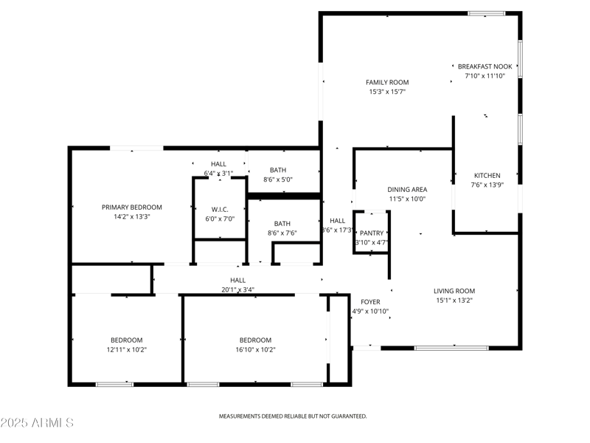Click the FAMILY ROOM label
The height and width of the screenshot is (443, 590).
pos(387,82)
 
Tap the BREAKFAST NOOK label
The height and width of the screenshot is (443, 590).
pos(485,66)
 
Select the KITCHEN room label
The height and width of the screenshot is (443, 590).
pos(487,176)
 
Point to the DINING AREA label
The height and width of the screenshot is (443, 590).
pos(407,189)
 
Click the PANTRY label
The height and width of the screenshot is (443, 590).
pos(372,233)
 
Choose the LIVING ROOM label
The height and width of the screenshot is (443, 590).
pos(454,291)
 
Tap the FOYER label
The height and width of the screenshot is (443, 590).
pos(370,302)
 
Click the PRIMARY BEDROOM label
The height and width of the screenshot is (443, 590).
pos(131,207)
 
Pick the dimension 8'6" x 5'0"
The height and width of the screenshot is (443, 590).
pos(278,179)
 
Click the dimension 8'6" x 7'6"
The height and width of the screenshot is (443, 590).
pos(282,233)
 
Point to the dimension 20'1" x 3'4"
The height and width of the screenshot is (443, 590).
pos(237,290)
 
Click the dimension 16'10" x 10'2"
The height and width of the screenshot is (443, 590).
pos(255,350)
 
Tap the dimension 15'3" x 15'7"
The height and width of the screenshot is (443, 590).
pos(387,92)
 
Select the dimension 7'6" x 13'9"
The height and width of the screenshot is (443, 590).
pos(487,185)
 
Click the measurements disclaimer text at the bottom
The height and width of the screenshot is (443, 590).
pos(293,416)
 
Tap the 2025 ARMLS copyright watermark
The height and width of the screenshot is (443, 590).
pos(37,423)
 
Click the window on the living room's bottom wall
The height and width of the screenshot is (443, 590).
pos(451,347)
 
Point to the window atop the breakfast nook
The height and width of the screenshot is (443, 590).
pos(487,13)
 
